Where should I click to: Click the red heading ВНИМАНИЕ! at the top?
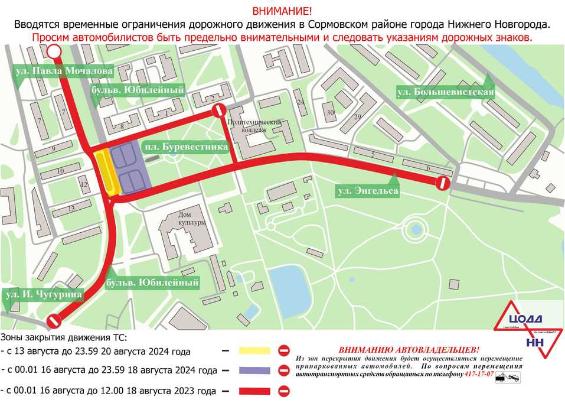click(x=282, y=11)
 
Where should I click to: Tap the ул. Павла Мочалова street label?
click(x=63, y=71)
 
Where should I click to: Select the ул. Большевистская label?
click(x=445, y=92)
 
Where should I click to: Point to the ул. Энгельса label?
click(x=367, y=191)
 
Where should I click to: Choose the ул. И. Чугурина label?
click(x=43, y=294)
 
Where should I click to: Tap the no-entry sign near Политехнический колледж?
click(x=218, y=111)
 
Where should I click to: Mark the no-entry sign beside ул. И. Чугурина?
click(x=54, y=321)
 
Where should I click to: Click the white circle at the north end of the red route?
click(x=54, y=52)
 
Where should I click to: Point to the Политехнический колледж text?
click(x=255, y=126)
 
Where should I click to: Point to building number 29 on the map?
click(x=357, y=116)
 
